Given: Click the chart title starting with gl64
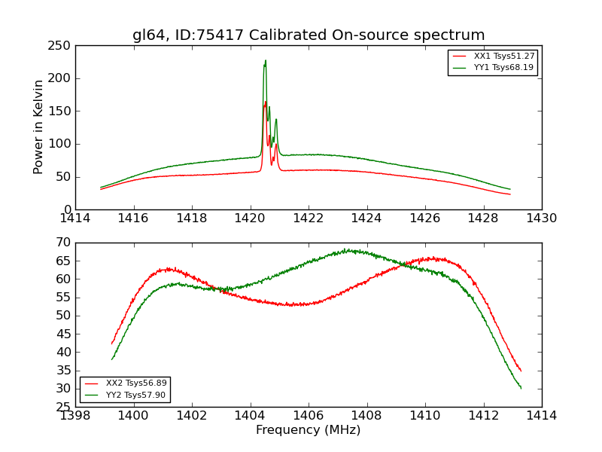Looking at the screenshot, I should tap(309, 35).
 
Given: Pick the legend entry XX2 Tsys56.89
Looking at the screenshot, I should tap(136, 383).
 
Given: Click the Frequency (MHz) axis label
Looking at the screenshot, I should tap(309, 430).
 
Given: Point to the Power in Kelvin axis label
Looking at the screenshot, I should tap(39, 127).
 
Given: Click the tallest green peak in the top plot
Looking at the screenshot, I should tap(265, 61).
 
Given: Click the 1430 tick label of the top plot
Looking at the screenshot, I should tap(542, 218).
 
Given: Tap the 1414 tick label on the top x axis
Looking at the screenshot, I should tap(75, 218).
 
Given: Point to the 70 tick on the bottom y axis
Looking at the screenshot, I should tap(63, 243).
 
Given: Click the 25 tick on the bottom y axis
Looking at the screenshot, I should tap(63, 407).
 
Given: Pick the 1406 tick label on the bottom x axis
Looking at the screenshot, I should tap(309, 416).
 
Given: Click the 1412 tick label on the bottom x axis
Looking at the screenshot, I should tap(483, 416).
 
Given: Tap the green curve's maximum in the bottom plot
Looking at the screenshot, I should tap(348, 250).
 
